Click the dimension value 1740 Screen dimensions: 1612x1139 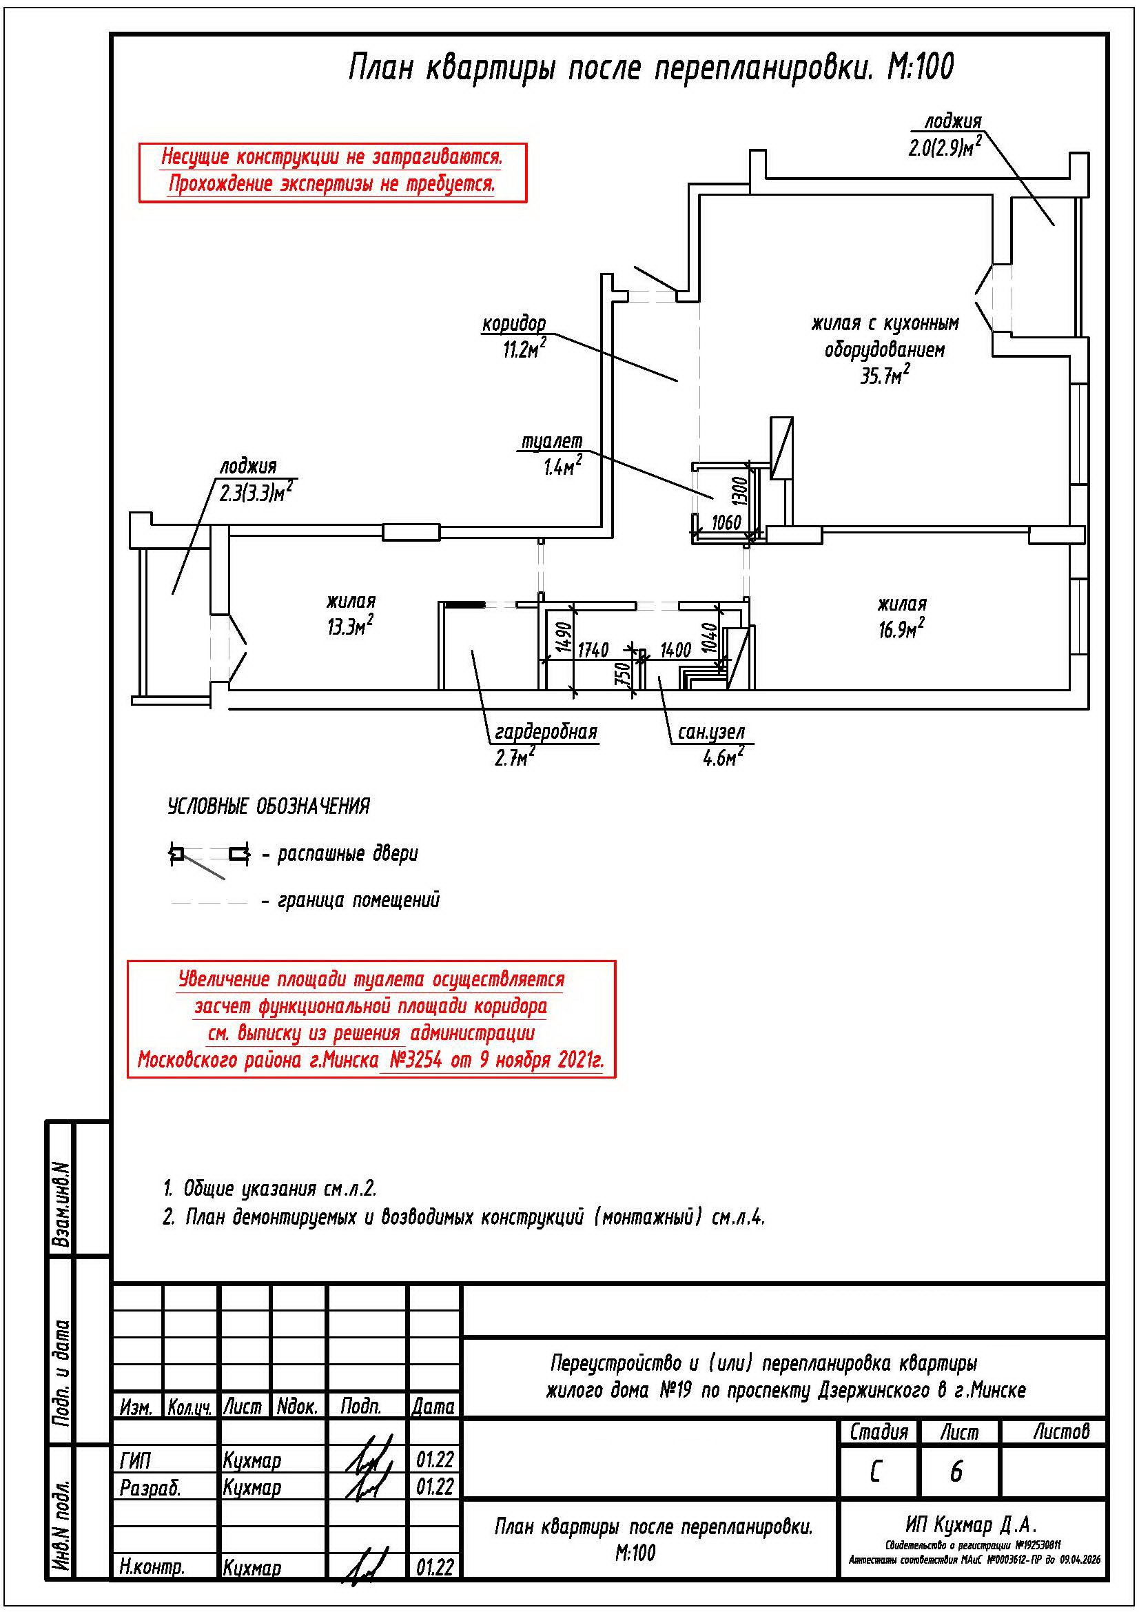click(x=593, y=650)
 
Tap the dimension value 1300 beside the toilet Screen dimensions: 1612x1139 click(x=739, y=491)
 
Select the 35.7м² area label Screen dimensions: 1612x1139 click(x=885, y=376)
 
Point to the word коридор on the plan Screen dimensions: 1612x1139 click(x=514, y=324)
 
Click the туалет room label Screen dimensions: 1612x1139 click(x=552, y=441)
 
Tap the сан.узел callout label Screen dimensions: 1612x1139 click(x=711, y=733)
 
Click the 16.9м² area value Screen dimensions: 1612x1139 click(x=901, y=629)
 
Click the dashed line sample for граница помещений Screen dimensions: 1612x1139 click(x=209, y=901)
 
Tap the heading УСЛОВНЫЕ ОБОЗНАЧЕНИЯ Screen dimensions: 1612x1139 click(x=268, y=807)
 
